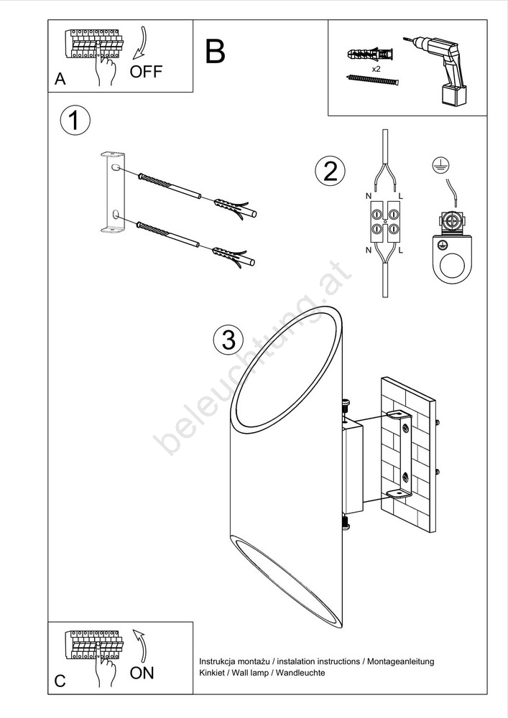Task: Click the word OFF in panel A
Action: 146,71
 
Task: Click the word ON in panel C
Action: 142,673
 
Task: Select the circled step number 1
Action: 75,121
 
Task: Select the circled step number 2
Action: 330,172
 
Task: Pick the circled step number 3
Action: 228,340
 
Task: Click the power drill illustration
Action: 437,70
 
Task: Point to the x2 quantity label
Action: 376,69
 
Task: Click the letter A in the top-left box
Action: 60,79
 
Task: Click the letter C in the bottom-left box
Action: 60,681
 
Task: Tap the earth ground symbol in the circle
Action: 440,164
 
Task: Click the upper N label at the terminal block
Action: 369,196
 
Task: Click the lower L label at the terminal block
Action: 401,251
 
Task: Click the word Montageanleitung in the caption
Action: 401,662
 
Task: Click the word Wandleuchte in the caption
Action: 300,673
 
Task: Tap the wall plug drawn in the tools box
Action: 370,55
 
